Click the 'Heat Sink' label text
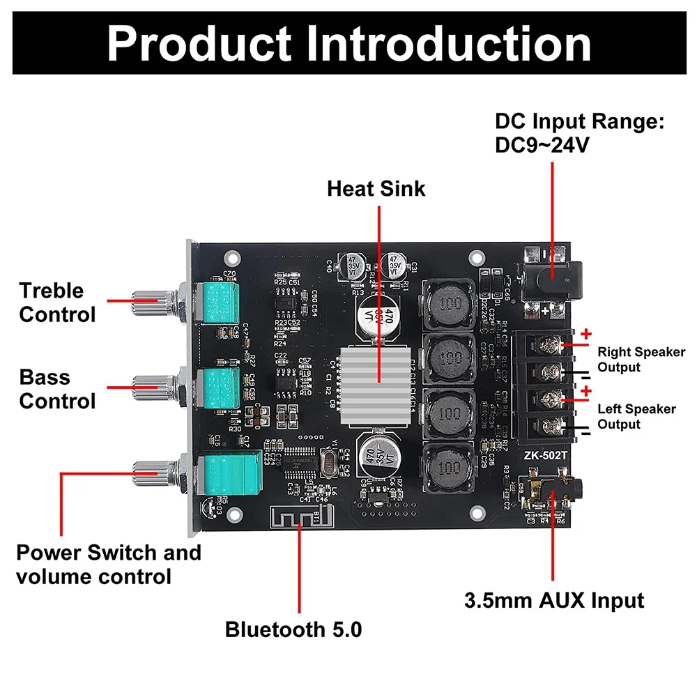376,188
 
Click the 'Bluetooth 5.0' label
293,630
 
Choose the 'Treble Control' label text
57,302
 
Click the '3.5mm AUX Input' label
554,600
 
